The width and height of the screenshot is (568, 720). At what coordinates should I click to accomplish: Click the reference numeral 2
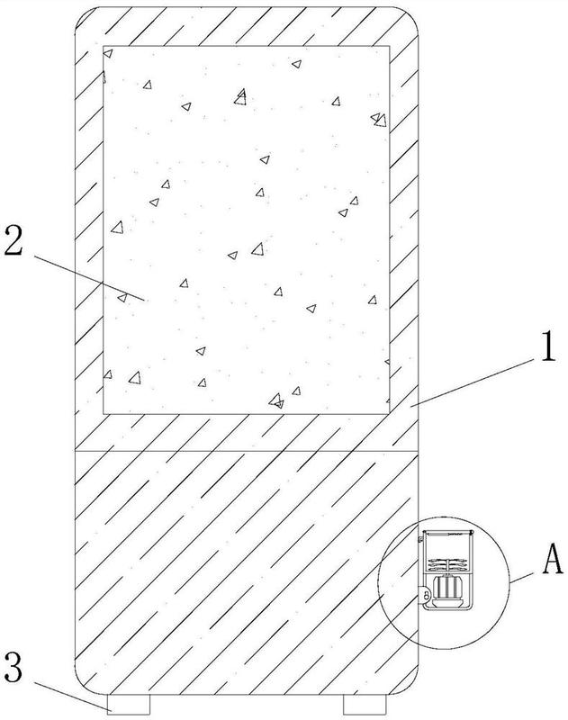[14, 242]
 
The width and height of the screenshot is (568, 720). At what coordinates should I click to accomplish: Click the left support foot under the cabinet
[129, 704]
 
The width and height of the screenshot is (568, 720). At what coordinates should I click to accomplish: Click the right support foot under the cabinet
[365, 704]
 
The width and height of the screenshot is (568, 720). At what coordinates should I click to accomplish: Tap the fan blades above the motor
[446, 563]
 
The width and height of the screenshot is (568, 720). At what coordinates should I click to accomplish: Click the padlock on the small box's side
[426, 595]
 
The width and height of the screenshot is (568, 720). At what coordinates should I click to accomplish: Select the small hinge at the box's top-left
[419, 537]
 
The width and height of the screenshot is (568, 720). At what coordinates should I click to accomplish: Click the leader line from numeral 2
[89, 278]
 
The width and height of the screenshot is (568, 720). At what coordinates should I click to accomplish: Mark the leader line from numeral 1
[473, 382]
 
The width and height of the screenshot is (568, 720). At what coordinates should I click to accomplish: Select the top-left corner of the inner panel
[104, 46]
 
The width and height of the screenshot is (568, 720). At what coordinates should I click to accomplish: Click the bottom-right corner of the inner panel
[390, 414]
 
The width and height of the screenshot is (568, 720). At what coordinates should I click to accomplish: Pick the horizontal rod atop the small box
[447, 534]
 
